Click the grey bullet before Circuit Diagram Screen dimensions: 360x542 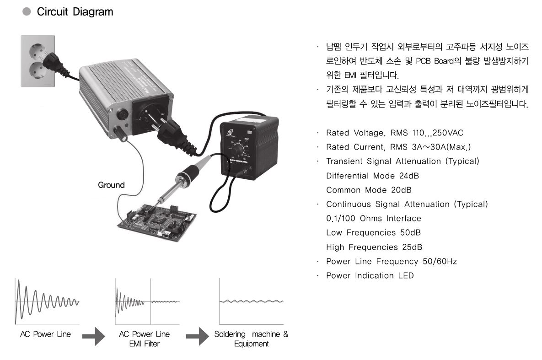tap(27, 12)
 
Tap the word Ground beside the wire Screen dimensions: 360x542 tap(111, 185)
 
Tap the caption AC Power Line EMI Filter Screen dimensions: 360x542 tap(144, 339)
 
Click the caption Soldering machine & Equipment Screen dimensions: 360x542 tap(251, 339)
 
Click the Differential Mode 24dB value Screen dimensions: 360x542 tap(408, 176)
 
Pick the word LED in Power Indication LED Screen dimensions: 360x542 tap(405, 276)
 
